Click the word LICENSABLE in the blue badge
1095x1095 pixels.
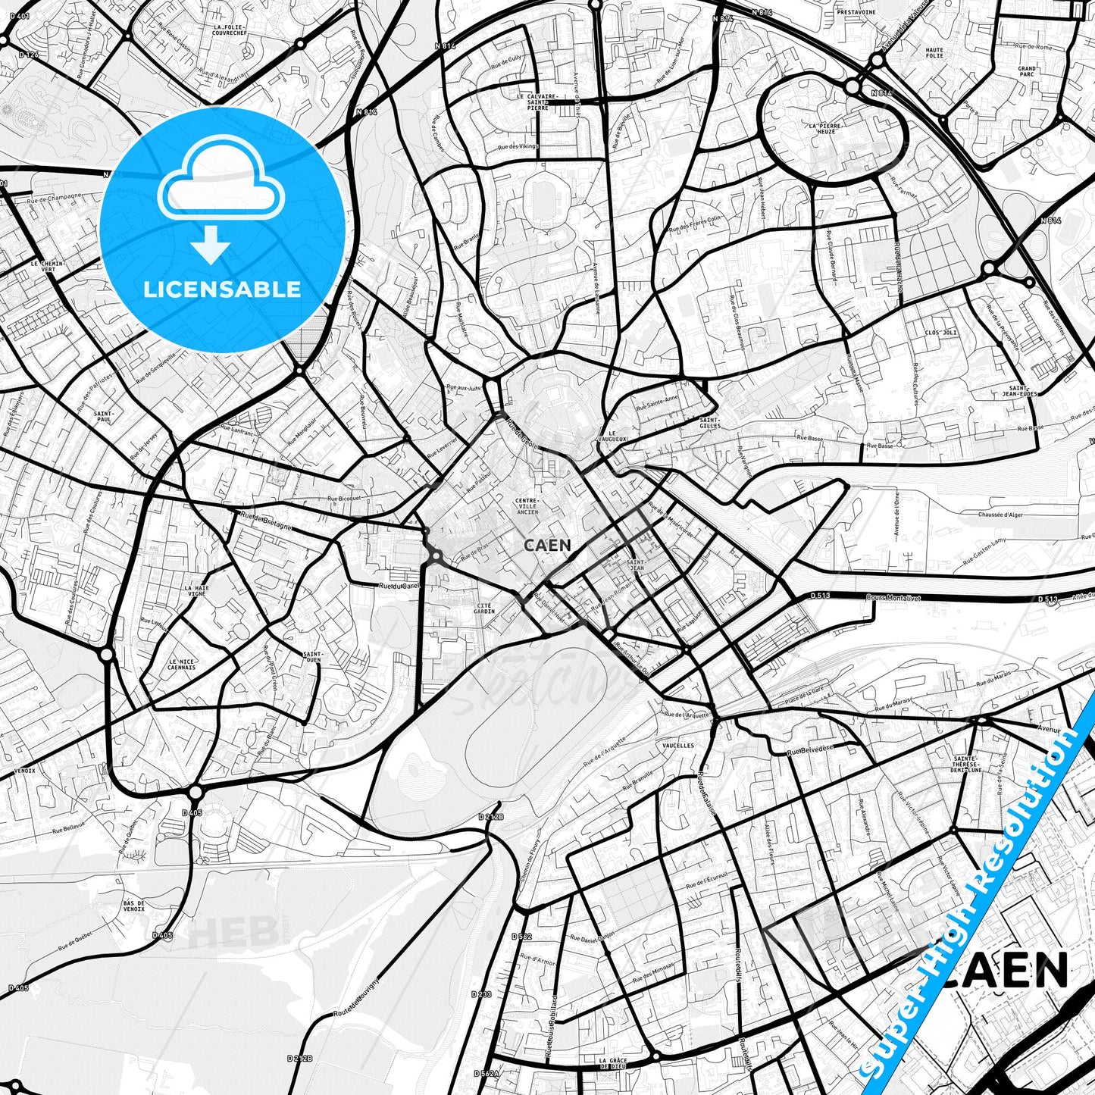pos(222,289)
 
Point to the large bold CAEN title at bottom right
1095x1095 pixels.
pos(1008,971)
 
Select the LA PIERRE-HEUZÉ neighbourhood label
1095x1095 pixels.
pos(821,128)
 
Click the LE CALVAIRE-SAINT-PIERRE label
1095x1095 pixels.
pos(537,102)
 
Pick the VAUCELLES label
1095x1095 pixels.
pos(677,746)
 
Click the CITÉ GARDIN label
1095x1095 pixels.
pos(483,609)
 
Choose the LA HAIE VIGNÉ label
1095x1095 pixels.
pos(196,591)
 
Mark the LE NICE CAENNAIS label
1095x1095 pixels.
pos(182,665)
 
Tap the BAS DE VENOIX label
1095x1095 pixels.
pos(133,906)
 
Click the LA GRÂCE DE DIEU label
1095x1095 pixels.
pos(612,1064)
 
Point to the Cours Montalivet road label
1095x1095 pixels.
pos(893,598)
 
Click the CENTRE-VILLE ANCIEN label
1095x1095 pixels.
pos(527,506)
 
